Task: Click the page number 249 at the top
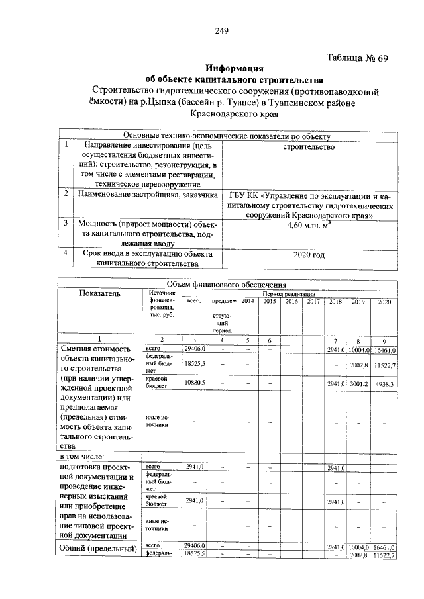pyautogui.click(x=221, y=30)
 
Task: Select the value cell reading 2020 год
pyautogui.click(x=309, y=255)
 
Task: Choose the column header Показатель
pyautogui.click(x=100, y=293)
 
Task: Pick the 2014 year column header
pyautogui.click(x=248, y=301)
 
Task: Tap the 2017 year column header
pyautogui.click(x=313, y=301)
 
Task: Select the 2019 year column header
pyautogui.click(x=358, y=302)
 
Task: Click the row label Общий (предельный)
pyautogui.click(x=98, y=549)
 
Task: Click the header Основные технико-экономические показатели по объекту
pyautogui.click(x=227, y=136)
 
